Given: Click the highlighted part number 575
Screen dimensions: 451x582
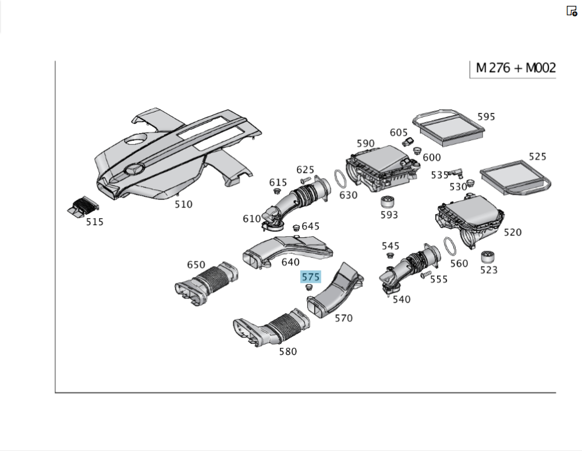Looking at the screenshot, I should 310,276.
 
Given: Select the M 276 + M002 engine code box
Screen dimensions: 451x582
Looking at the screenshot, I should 515,68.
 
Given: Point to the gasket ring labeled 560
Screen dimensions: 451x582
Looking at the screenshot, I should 450,247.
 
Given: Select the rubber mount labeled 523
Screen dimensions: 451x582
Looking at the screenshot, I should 488,257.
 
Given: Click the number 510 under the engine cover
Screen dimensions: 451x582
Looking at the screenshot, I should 183,204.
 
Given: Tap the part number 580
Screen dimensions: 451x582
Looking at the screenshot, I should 288,351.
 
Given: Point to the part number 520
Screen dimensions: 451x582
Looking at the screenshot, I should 512,232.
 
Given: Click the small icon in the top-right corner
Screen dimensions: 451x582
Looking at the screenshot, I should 572,11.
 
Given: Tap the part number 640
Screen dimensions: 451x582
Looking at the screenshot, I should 290,262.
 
